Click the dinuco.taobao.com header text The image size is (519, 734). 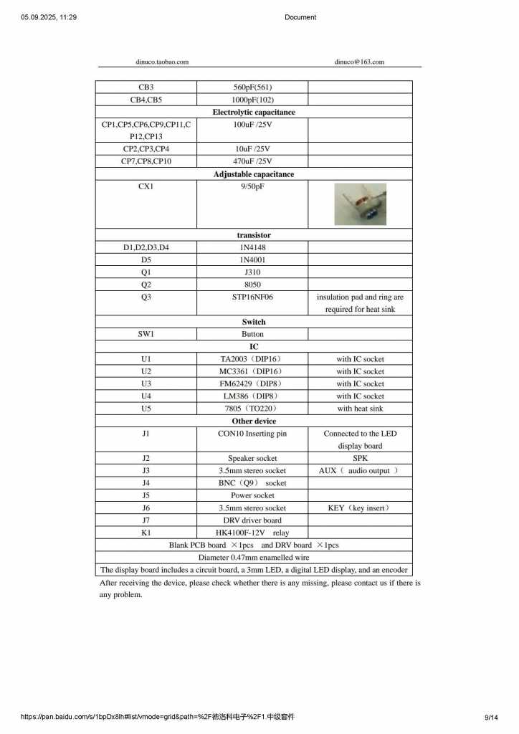[x=162, y=62]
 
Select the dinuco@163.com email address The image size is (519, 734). [x=359, y=62]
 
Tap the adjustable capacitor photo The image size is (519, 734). [x=360, y=204]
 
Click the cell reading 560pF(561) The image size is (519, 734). [x=252, y=87]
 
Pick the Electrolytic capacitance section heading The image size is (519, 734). [x=254, y=113]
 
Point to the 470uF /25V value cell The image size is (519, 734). [x=252, y=161]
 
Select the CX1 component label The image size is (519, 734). [x=146, y=186]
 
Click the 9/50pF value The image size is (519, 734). [x=252, y=186]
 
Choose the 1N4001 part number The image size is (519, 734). [x=252, y=259]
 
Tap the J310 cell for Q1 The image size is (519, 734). [x=252, y=272]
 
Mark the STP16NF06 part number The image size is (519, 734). [x=252, y=297]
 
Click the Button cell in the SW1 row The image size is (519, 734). [x=252, y=334]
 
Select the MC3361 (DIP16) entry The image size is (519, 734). [x=251, y=371]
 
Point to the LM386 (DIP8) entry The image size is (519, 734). [x=251, y=396]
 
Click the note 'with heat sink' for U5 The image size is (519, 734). [x=360, y=409]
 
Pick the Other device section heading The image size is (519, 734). [x=254, y=421]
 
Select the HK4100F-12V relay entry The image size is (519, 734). [x=252, y=533]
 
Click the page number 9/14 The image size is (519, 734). [x=491, y=717]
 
